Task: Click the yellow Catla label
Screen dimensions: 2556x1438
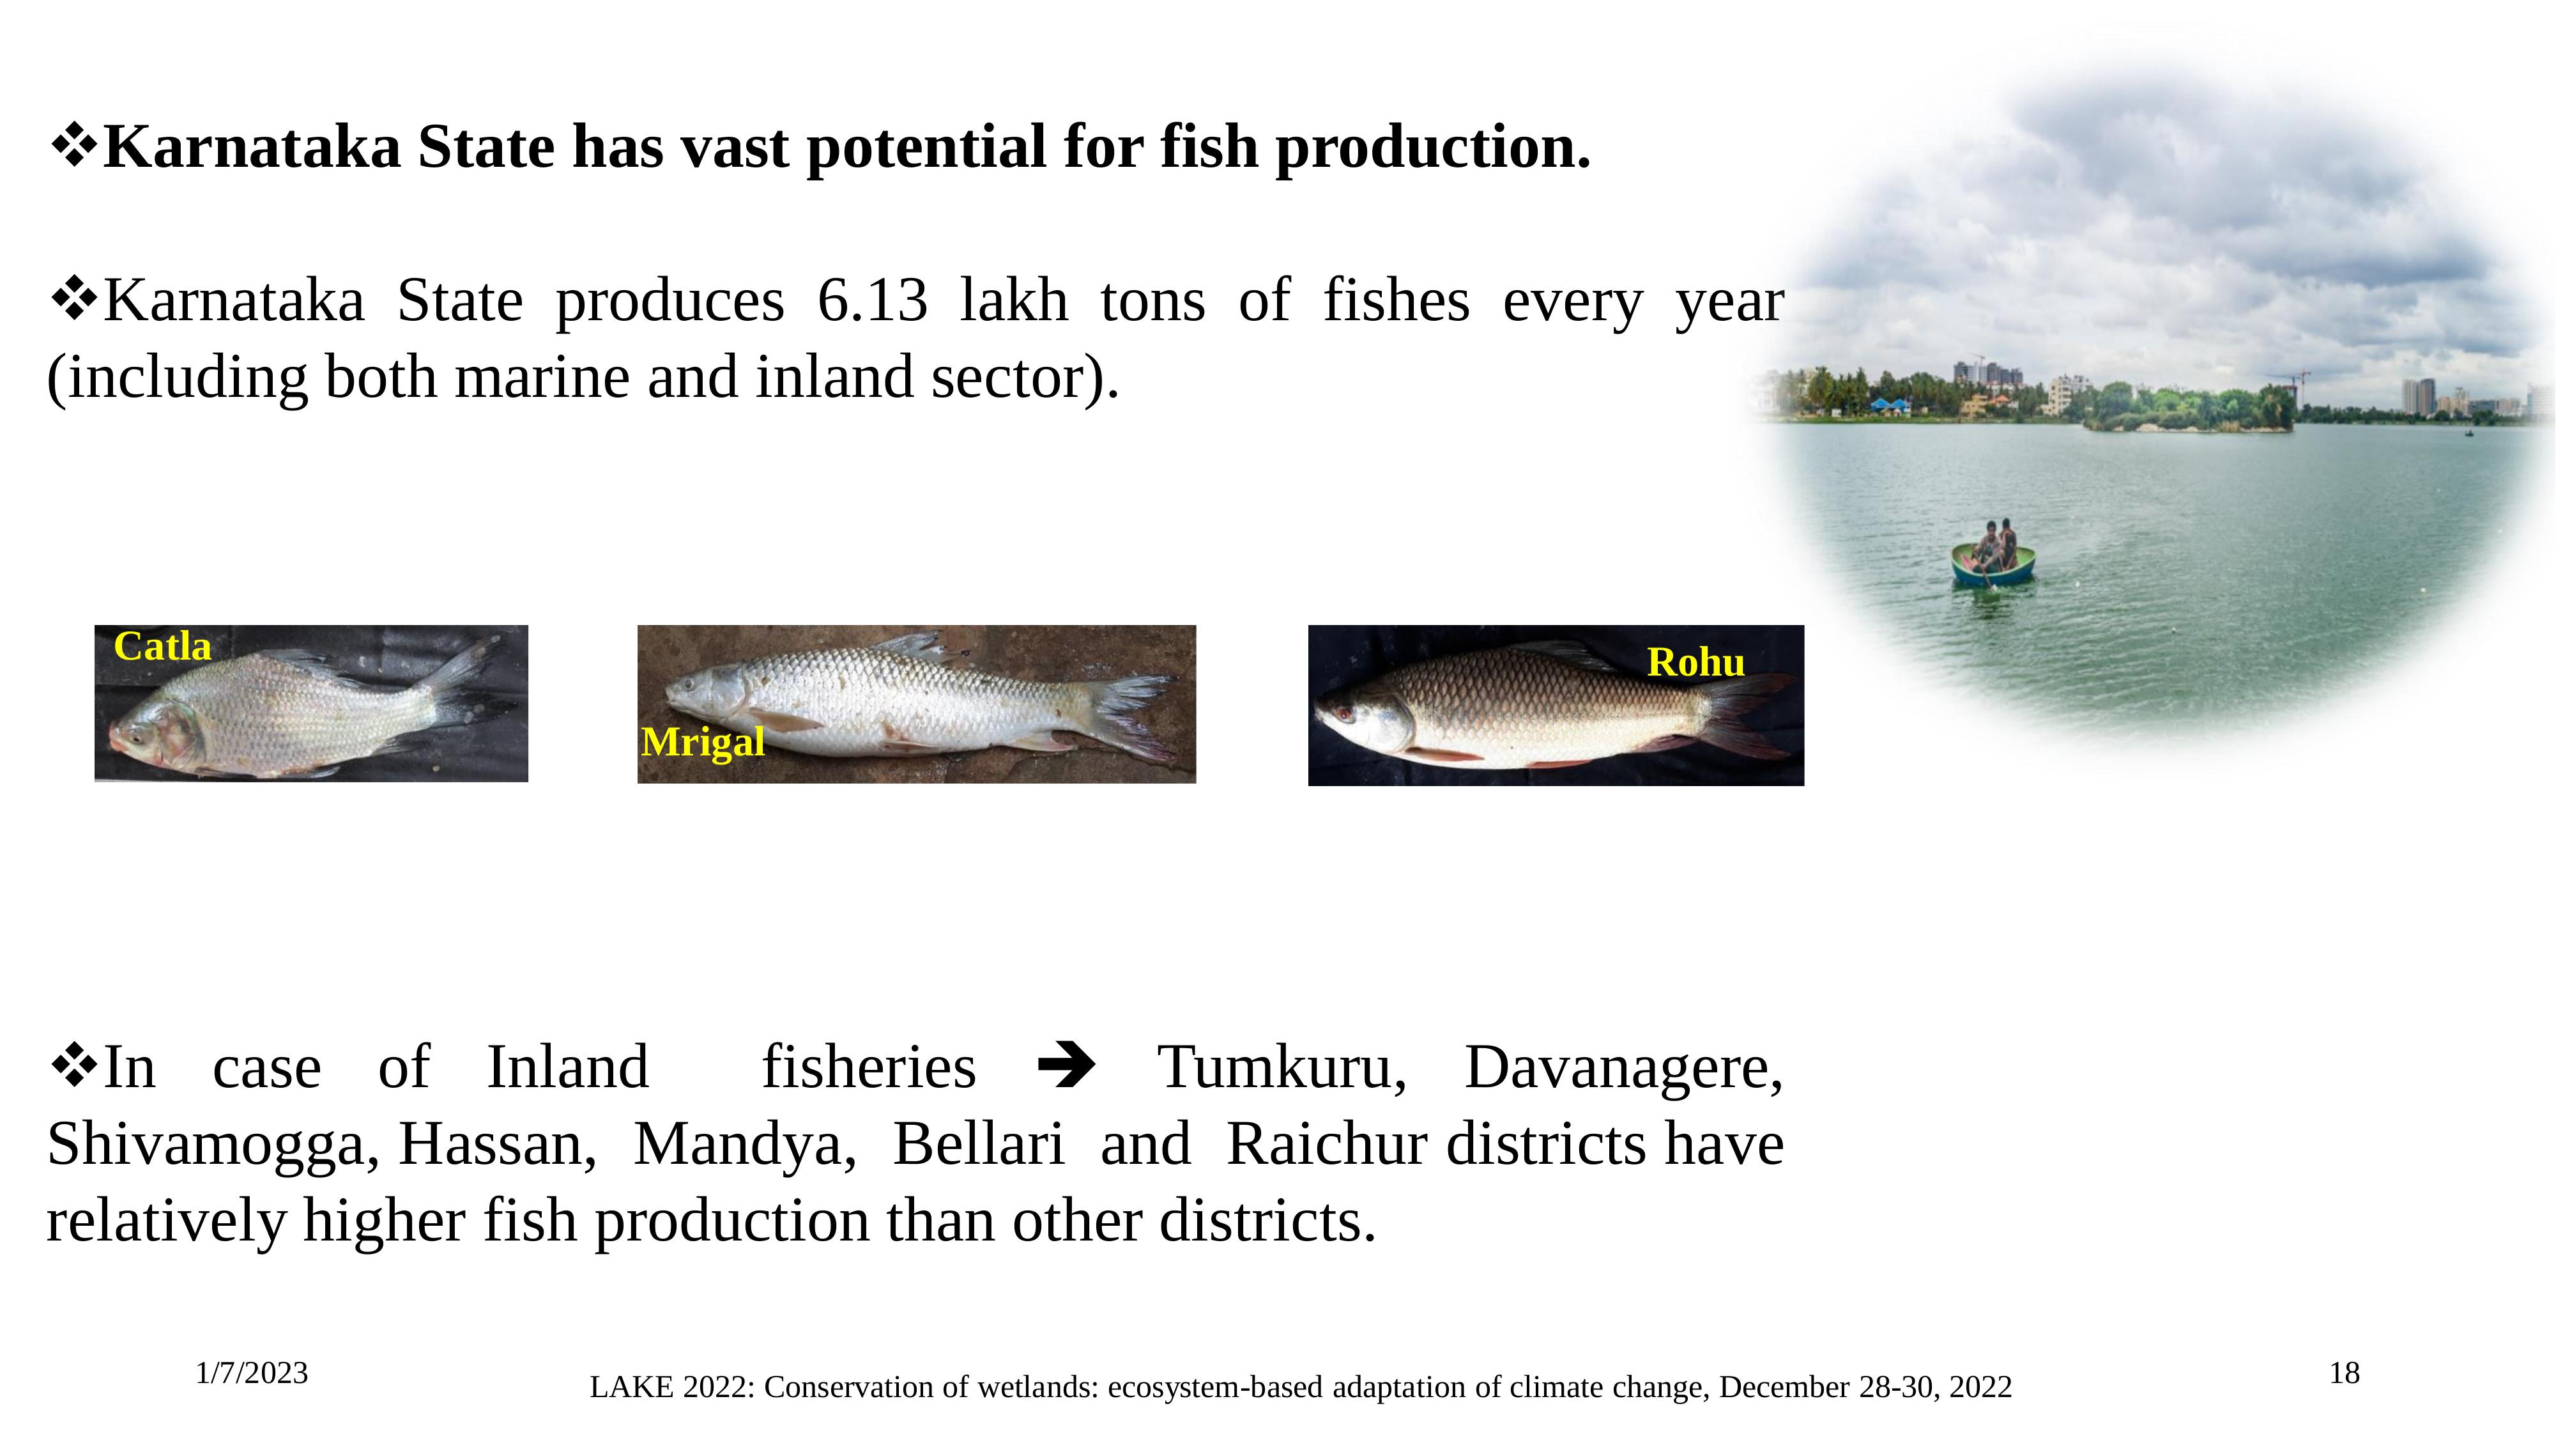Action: pyautogui.click(x=163, y=647)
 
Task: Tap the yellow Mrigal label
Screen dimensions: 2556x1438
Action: pyautogui.click(x=703, y=742)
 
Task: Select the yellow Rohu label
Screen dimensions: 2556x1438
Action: pyautogui.click(x=1695, y=662)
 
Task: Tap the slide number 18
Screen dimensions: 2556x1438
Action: pyautogui.click(x=2344, y=1373)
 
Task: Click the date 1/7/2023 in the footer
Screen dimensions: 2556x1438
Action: pyautogui.click(x=252, y=1373)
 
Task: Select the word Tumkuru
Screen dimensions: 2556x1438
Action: pyautogui.click(x=1281, y=1068)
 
